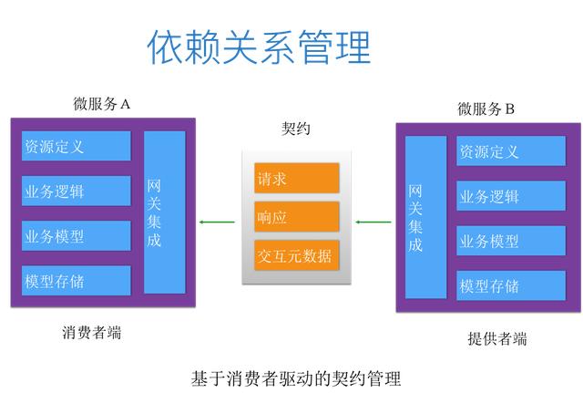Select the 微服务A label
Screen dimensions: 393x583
pos(102,104)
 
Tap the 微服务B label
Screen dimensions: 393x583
pos(486,109)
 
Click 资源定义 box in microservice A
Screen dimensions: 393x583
pos(77,146)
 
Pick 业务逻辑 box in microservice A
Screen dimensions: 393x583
pos(77,191)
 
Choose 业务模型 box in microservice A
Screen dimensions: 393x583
pos(77,235)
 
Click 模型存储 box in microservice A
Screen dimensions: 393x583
pos(77,281)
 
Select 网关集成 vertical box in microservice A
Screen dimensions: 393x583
pos(164,212)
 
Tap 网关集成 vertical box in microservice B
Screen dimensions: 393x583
pos(425,217)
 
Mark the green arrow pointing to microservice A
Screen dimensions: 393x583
pos(217,222)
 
